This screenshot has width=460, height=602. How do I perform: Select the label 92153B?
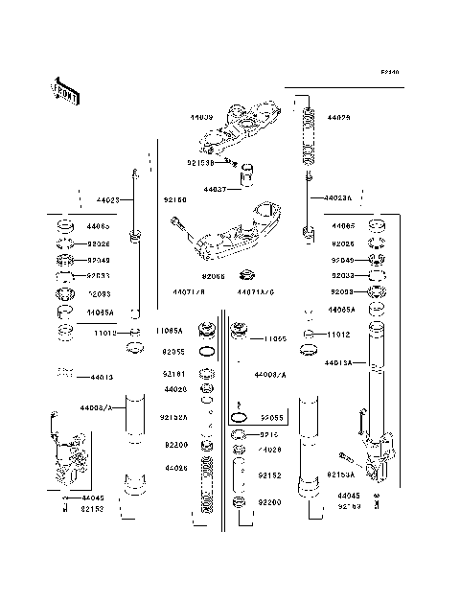coord(201,163)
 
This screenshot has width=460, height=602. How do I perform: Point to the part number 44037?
coord(215,190)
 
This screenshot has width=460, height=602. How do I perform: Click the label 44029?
coord(339,117)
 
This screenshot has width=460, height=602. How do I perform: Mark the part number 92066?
coord(214,276)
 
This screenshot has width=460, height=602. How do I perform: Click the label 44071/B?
coord(189,290)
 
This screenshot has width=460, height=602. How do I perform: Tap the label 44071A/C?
coord(256,290)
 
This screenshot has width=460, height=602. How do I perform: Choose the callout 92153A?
coord(339,474)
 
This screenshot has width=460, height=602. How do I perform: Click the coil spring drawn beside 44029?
coord(309,137)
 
